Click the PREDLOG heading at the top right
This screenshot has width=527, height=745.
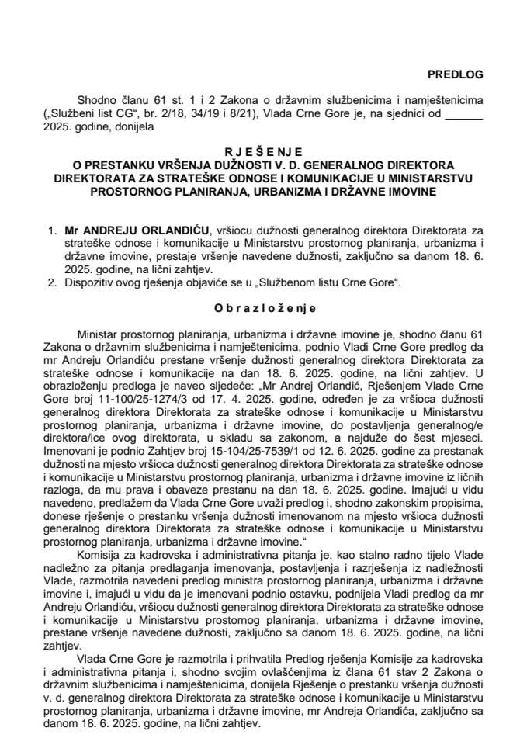pyautogui.click(x=456, y=74)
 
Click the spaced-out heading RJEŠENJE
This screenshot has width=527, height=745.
pyautogui.click(x=264, y=154)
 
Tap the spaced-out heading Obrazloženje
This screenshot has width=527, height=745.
pyautogui.click(x=264, y=307)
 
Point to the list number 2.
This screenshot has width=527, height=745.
pyautogui.click(x=52, y=285)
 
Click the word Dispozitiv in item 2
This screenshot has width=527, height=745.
pyautogui.click(x=92, y=285)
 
